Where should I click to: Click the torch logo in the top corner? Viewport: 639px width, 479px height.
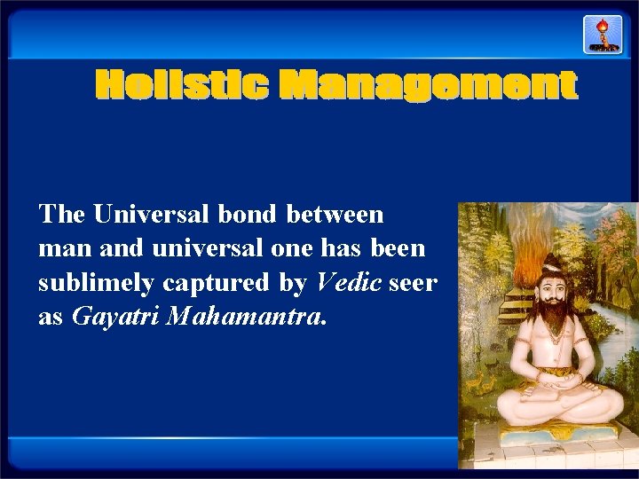tap(603, 34)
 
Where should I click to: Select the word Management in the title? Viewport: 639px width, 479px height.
tap(429, 86)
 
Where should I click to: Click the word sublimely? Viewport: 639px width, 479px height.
tap(97, 283)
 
